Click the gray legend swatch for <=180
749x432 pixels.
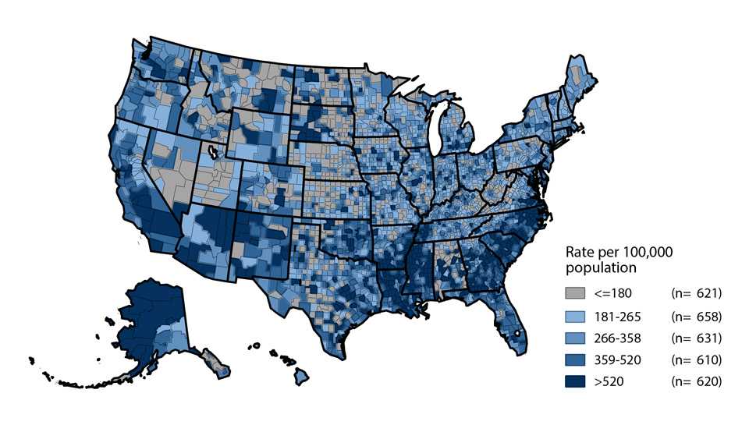pos(574,294)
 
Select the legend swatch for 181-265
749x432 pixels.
pos(574,317)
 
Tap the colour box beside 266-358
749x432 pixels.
pos(574,338)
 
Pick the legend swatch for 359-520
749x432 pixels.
pos(574,360)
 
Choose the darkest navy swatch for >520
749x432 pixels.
pos(574,382)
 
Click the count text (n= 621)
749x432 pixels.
pos(697,294)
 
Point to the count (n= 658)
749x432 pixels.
pos(697,317)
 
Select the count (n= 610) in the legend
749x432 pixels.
pos(697,360)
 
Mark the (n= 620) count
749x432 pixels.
pos(697,382)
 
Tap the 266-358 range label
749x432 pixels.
pos(616,338)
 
